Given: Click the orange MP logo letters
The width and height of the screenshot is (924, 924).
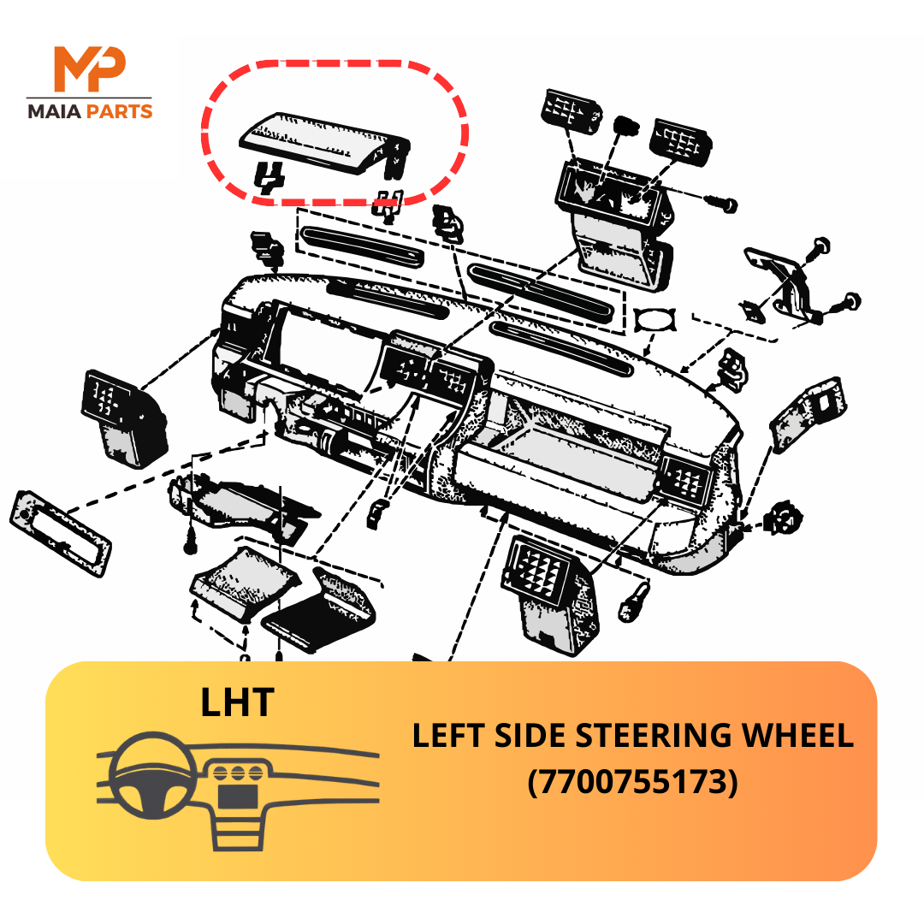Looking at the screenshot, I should tap(89, 70).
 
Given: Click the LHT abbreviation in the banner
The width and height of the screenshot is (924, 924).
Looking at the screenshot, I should tap(238, 702).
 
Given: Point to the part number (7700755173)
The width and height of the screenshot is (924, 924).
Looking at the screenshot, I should tap(632, 781).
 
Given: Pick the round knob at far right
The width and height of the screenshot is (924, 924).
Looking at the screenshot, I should tap(784, 517).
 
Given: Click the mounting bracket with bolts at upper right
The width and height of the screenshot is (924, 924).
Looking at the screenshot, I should tap(787, 282).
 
